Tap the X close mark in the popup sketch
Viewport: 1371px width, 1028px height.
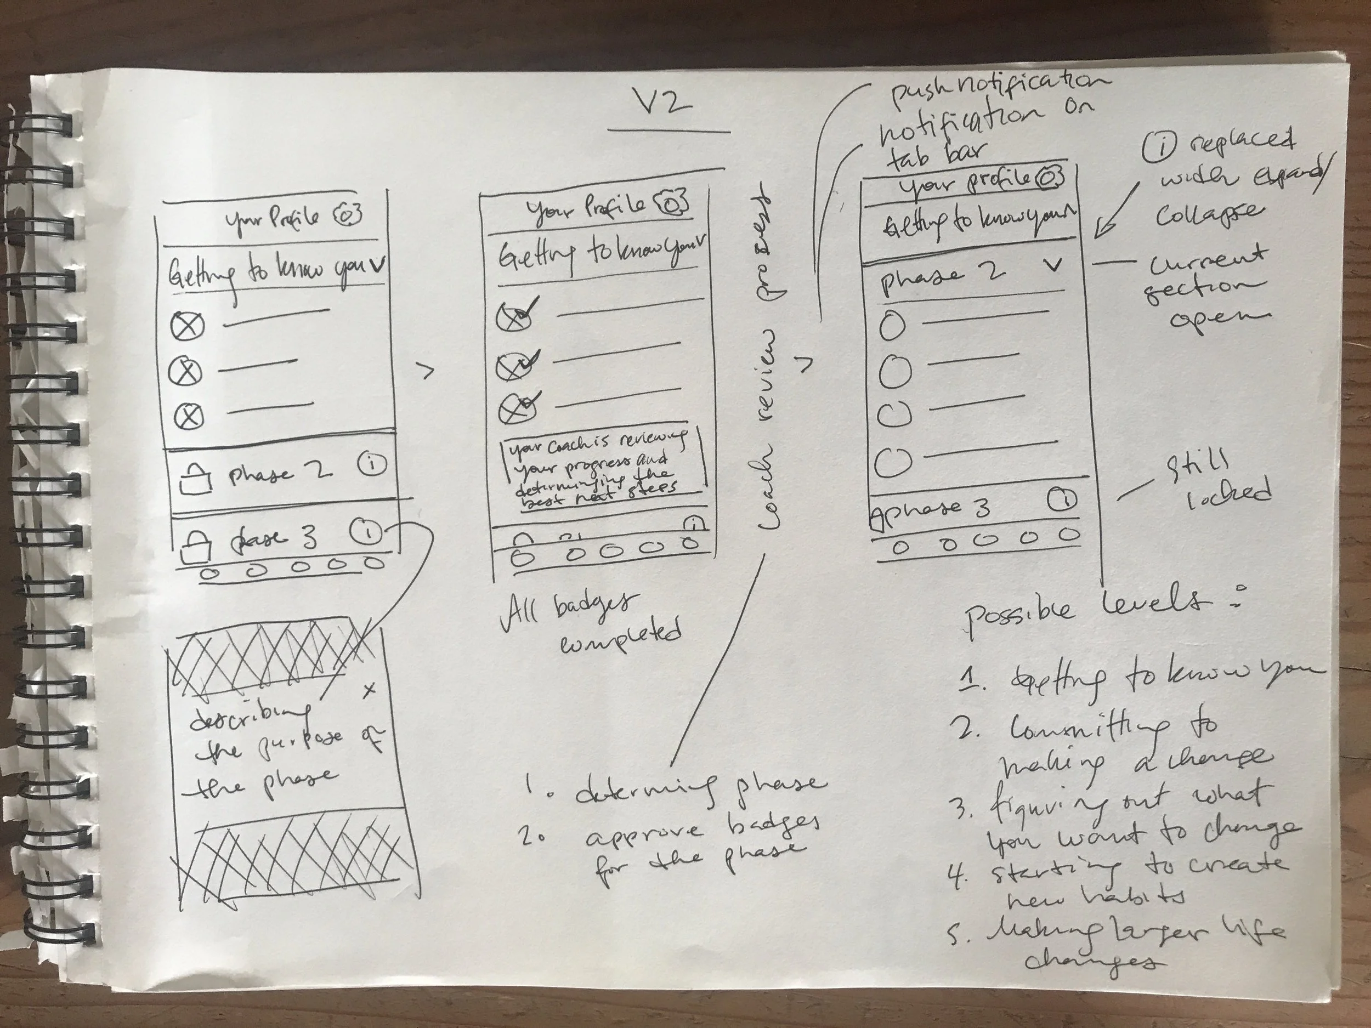pyautogui.click(x=370, y=690)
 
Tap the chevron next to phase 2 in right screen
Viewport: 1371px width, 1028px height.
pyautogui.click(x=1052, y=266)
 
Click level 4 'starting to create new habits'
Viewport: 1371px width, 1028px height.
pyautogui.click(x=1122, y=880)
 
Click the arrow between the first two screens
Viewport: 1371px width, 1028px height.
pyautogui.click(x=427, y=371)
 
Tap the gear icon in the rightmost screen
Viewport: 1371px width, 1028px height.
pyautogui.click(x=1049, y=178)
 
